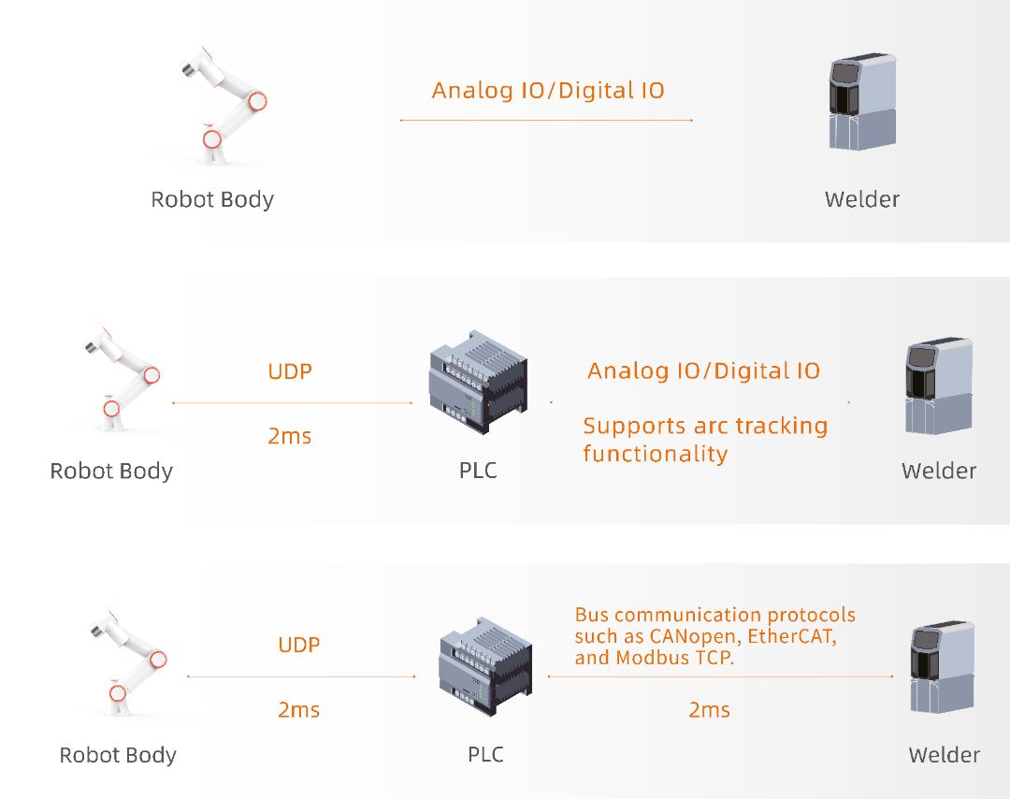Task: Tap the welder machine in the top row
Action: coord(861,103)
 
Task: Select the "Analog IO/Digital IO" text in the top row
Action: coord(548,91)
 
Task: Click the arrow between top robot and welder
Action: coord(546,121)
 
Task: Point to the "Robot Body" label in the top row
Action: coord(212,199)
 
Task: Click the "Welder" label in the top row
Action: coord(861,199)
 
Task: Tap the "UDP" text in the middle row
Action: coord(290,371)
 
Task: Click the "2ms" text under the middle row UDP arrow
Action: coord(290,436)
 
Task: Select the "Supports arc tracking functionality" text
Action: coord(704,440)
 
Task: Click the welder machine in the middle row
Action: coord(938,387)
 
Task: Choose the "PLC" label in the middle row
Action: coord(478,470)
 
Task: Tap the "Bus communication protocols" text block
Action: coord(714,636)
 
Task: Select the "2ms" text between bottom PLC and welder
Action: coord(709,710)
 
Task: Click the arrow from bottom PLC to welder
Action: coord(720,676)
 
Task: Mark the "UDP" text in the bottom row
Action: coord(299,645)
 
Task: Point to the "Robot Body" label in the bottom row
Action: coord(118,755)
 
